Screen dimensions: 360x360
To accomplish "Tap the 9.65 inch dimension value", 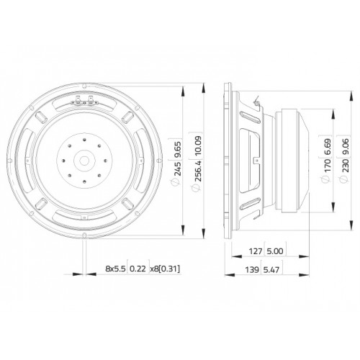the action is (x=179, y=150).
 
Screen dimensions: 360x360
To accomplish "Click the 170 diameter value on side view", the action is (x=328, y=165).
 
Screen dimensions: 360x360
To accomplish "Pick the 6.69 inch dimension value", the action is (x=328, y=147).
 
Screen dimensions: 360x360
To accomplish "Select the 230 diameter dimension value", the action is (x=346, y=165).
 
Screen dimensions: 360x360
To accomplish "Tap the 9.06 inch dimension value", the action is (x=346, y=147).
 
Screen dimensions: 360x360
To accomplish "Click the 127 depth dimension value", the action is (x=256, y=251).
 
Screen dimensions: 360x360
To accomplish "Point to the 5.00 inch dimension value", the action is (x=275, y=251).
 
